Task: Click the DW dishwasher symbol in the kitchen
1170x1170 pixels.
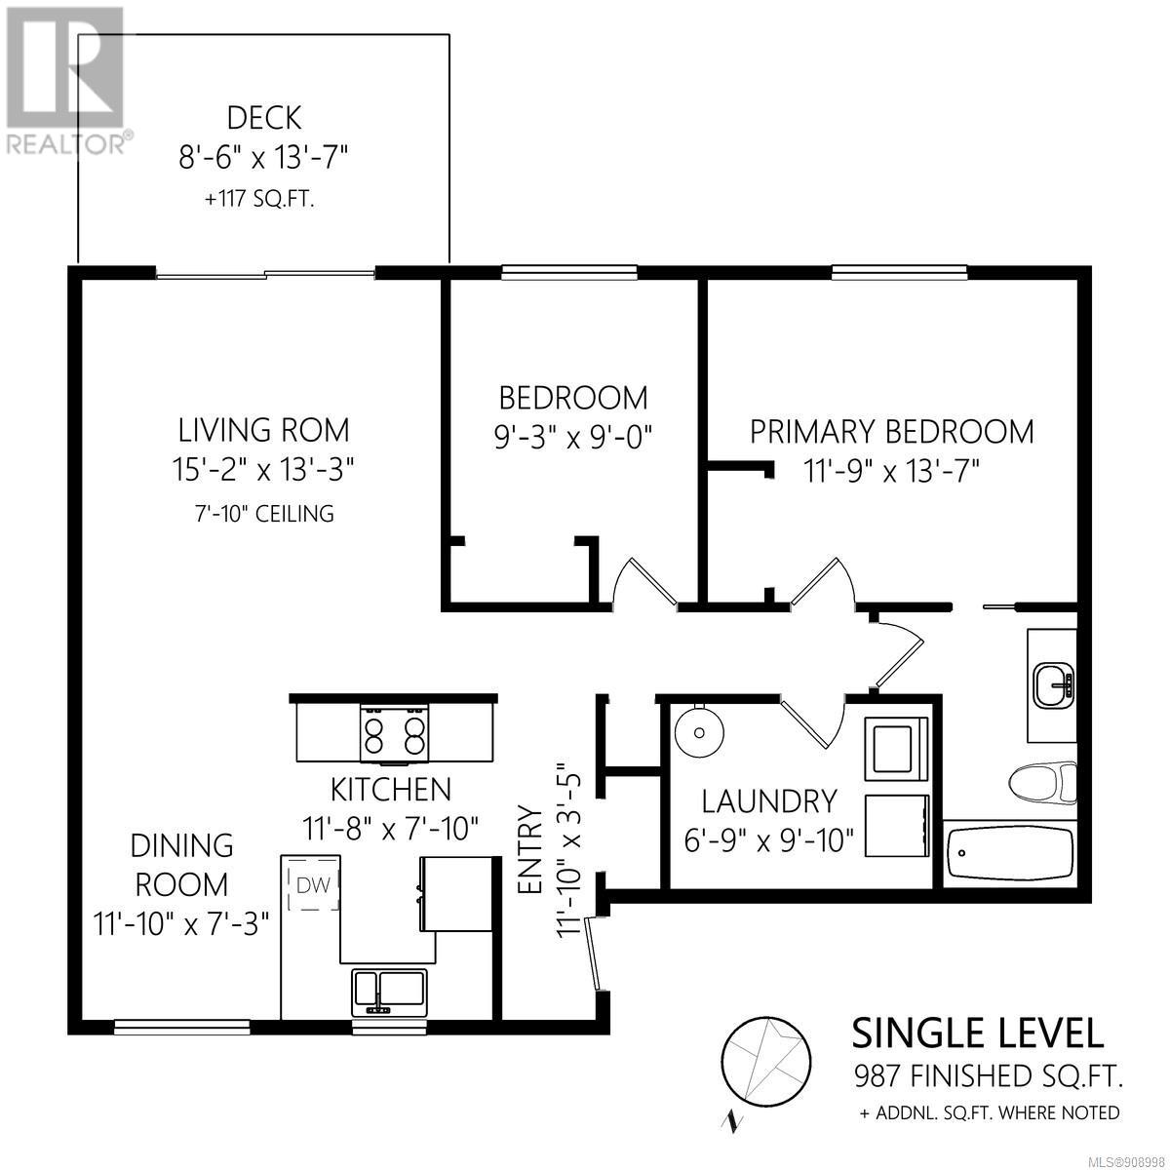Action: (x=313, y=885)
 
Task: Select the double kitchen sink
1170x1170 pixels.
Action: (x=389, y=993)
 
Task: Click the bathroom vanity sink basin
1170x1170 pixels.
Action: (x=1054, y=686)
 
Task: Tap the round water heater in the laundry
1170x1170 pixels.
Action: (x=699, y=732)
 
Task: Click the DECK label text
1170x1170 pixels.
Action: (x=264, y=118)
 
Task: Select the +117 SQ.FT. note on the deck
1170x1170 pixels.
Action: (x=259, y=200)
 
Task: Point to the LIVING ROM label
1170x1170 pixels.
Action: (x=263, y=430)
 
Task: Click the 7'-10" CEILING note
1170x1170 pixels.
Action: (x=264, y=514)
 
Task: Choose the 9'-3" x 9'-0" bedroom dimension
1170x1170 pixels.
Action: (x=572, y=436)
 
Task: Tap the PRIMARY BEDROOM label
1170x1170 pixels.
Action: (x=892, y=432)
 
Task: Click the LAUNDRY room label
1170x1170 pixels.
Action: (x=769, y=801)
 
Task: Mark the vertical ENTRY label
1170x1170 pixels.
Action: (x=529, y=849)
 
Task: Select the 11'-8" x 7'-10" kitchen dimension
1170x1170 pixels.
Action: (x=390, y=828)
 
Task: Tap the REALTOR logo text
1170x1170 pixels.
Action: (x=65, y=145)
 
